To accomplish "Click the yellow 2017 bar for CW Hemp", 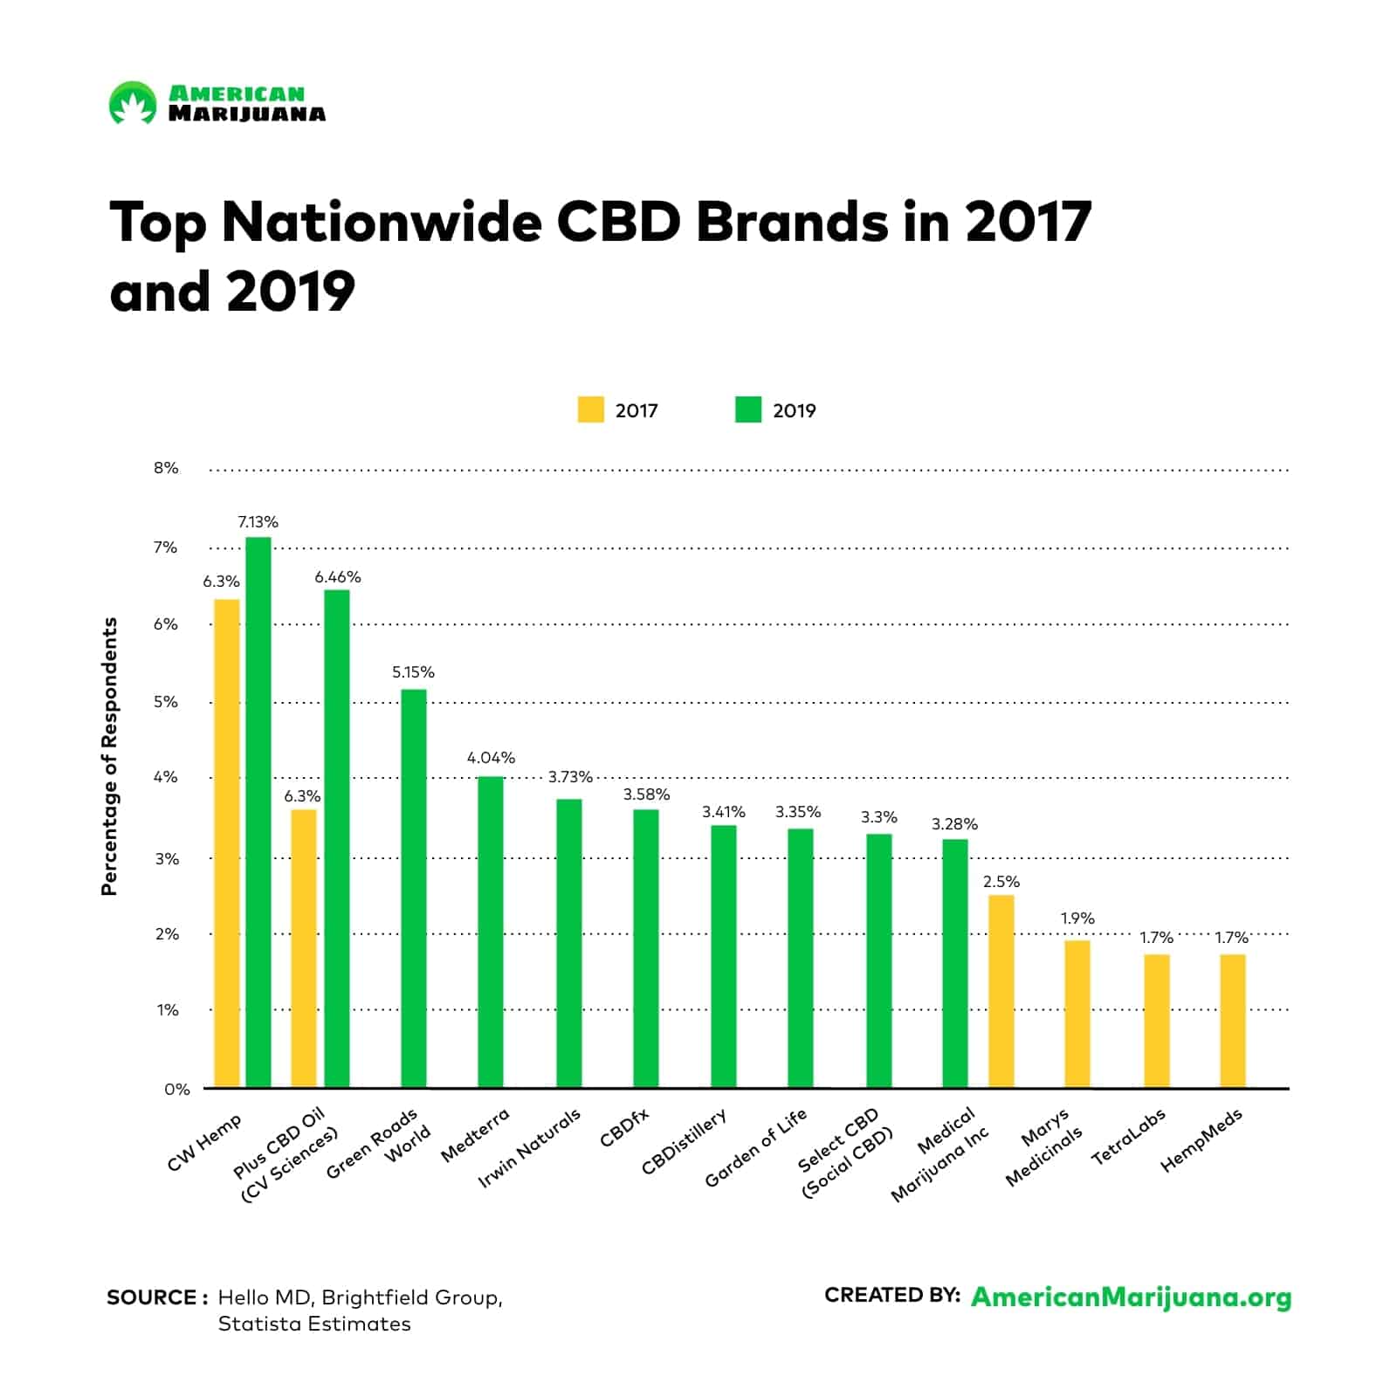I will point(226,843).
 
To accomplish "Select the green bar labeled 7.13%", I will point(258,812).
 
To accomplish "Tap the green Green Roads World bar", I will point(414,888).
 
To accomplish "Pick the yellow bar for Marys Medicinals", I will point(1077,1013).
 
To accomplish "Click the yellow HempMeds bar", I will point(1232,1021).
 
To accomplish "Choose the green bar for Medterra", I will point(491,932).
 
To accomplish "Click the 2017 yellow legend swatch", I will point(590,410).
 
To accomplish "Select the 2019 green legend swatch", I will point(748,410).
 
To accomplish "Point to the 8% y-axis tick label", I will point(166,468).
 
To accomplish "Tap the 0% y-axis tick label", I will point(176,1089).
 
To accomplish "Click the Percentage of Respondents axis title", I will point(109,756).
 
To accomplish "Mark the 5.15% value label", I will point(413,672).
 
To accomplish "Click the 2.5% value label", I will point(1001,882).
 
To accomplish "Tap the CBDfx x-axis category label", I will point(624,1126).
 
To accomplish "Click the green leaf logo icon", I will point(132,102).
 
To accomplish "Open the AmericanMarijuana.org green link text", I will point(1131,1297).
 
